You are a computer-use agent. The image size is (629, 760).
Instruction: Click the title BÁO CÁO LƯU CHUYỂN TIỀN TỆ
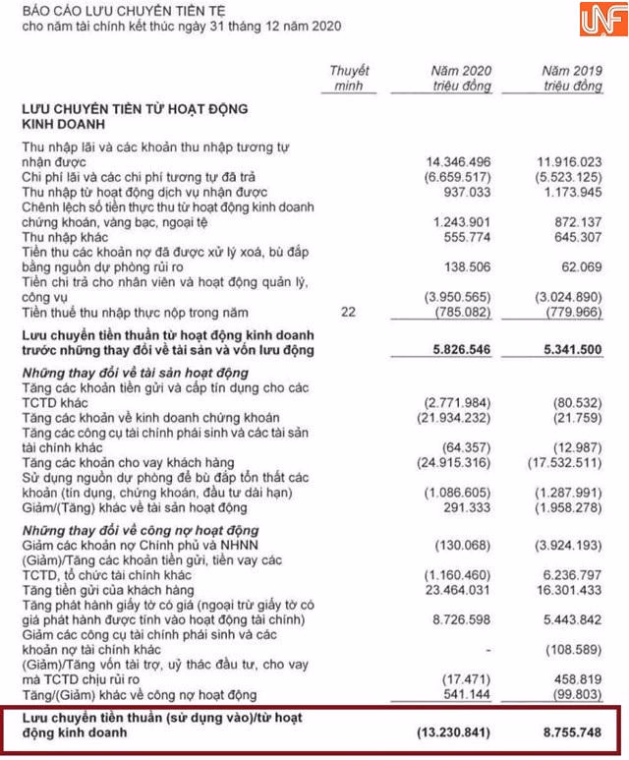[x=129, y=10]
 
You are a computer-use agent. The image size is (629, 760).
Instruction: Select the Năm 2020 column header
[x=461, y=79]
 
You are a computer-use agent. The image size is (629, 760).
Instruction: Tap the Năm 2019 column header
[x=572, y=79]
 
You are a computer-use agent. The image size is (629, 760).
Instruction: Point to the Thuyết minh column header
[x=349, y=79]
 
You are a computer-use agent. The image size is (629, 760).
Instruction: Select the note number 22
[x=349, y=312]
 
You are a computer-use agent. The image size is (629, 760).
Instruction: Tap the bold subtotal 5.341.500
[x=567, y=350]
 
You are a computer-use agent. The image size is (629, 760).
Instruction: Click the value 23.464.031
[x=455, y=590]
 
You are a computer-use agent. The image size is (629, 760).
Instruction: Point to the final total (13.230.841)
[x=451, y=732]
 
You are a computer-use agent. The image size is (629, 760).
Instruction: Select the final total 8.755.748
[x=567, y=732]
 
